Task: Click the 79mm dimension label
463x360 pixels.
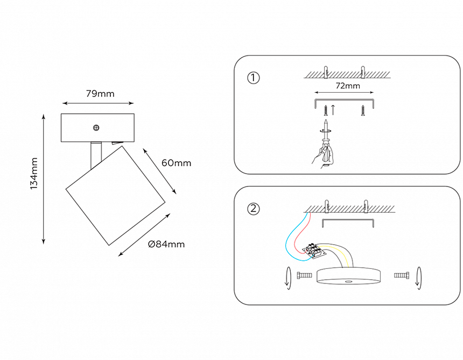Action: click(100, 94)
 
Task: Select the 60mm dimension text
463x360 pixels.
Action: click(176, 163)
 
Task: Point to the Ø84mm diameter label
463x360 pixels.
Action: click(166, 244)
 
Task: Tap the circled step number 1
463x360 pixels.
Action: click(253, 78)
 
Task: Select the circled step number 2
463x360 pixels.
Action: click(253, 209)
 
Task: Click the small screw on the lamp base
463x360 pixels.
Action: click(96, 128)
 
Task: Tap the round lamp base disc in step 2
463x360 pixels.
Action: click(349, 275)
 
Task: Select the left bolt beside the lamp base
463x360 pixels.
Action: click(304, 275)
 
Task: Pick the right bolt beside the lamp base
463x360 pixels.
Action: click(402, 275)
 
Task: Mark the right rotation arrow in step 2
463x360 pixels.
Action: click(419, 278)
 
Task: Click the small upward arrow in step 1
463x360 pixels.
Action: click(333, 110)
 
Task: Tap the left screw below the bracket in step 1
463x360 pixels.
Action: click(325, 111)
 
